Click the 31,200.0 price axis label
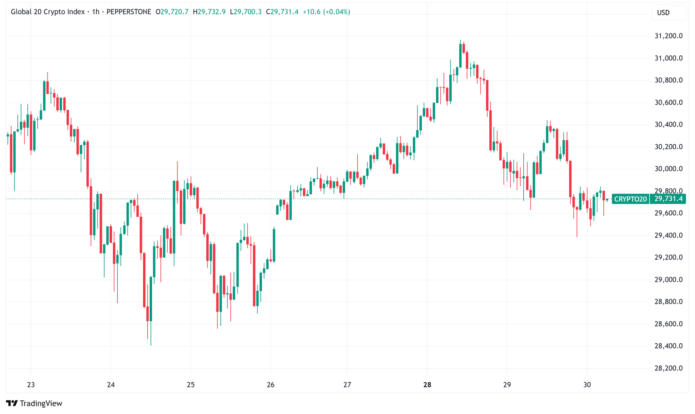(668, 36)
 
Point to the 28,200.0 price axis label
(668, 368)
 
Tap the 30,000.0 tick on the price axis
(668, 169)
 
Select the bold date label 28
(427, 385)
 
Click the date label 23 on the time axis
(31, 385)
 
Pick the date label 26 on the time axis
(270, 385)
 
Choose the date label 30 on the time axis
(587, 385)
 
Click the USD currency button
(663, 13)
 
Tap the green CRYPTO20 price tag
(630, 199)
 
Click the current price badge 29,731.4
(668, 199)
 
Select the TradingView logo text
(41, 403)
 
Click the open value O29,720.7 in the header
(172, 12)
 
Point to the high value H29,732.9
(209, 12)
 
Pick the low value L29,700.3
(246, 12)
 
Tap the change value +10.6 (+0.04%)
(326, 12)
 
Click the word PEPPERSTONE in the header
(129, 12)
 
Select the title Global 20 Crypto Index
(48, 12)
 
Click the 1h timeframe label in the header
(95, 12)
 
